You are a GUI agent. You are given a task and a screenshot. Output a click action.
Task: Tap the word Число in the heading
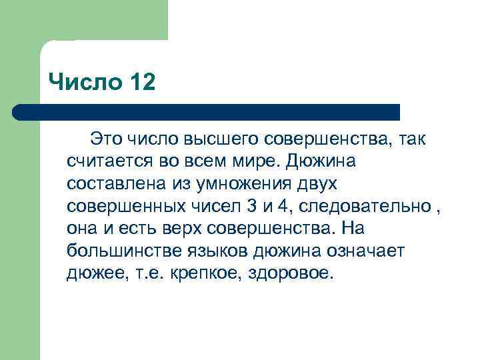[82, 83]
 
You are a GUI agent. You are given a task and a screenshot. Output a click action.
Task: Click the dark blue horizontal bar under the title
[207, 112]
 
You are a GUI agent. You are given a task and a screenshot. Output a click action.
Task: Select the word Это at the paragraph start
[107, 139]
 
